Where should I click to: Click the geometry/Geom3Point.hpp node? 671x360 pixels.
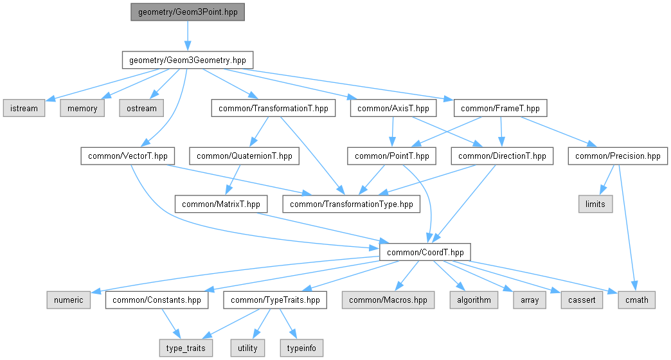pos(188,12)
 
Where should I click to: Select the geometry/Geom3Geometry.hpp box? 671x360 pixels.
pos(188,60)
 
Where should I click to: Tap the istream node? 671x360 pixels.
pos(23,108)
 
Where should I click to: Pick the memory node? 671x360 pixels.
pos(83,108)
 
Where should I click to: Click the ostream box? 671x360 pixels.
pos(141,108)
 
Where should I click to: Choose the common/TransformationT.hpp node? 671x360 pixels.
pos(273,108)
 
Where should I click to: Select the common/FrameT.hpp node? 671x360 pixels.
pos(501,108)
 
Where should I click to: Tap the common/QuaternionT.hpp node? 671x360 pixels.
pos(244,156)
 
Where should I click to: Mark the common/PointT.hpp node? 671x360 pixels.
pos(392,156)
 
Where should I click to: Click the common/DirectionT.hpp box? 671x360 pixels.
pos(502,156)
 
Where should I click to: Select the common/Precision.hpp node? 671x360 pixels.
pos(618,156)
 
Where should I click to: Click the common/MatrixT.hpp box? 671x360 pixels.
pos(221,204)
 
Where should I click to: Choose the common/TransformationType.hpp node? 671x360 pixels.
pos(352,204)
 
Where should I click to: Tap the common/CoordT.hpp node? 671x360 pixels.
pos(425,252)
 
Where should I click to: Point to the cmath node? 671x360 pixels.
pos(637,300)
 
